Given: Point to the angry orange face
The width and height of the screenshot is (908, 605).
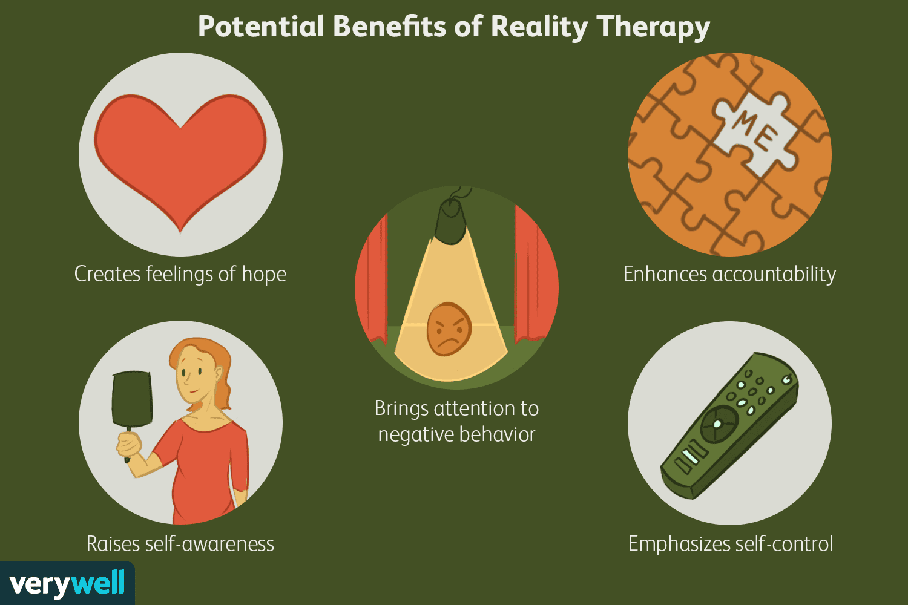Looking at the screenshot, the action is click(449, 329).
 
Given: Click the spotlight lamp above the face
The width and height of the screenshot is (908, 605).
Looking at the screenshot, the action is click(450, 221).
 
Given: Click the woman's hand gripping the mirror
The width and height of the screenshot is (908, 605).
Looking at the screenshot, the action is click(128, 445).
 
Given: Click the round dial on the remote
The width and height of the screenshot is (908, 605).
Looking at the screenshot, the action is click(719, 423).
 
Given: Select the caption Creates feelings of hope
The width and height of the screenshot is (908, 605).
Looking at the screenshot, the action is click(180, 274).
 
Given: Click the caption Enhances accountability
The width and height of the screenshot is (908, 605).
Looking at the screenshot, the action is click(729, 274).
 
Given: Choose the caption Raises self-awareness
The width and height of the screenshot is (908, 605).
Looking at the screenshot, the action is click(180, 544).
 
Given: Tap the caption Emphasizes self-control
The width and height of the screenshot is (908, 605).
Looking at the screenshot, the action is click(731, 544).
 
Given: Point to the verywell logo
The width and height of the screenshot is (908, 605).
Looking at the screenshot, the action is click(67, 584).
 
